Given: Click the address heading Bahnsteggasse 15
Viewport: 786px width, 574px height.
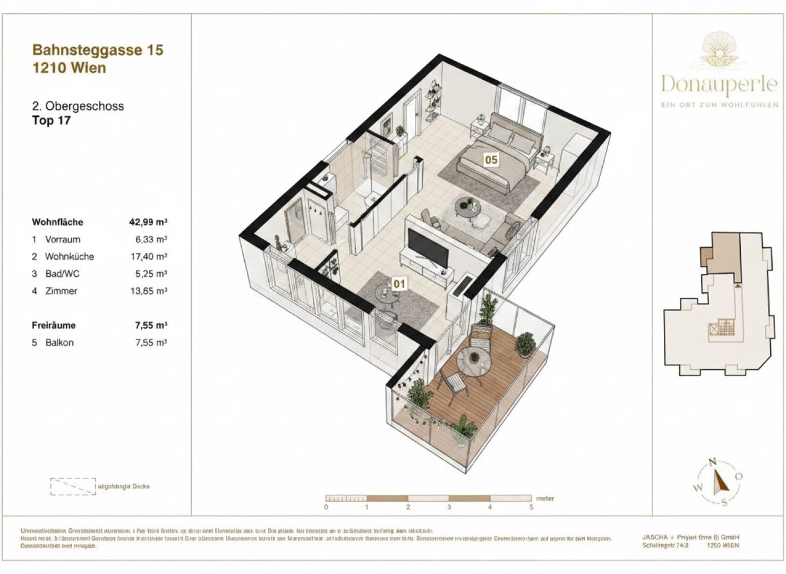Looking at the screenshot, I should [98, 50].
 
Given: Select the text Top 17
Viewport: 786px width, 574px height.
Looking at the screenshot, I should [51, 121].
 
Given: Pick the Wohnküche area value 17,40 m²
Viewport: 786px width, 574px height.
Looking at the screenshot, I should [151, 257].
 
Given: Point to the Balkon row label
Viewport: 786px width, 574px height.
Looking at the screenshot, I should [59, 343].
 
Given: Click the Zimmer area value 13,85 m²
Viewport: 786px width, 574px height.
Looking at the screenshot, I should [151, 291].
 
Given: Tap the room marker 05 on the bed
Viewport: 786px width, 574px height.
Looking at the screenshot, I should [491, 159].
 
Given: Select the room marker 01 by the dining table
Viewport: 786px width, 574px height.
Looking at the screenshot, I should [399, 284].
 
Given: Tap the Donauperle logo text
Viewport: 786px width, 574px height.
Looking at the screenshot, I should [719, 83].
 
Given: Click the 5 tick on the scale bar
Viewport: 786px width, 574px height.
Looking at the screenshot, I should [531, 507].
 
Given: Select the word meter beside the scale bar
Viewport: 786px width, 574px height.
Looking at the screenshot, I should [545, 499].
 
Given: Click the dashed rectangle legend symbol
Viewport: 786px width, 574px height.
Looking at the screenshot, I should [73, 486].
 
